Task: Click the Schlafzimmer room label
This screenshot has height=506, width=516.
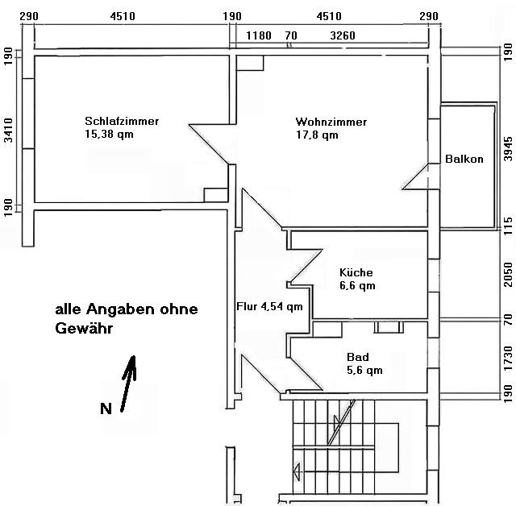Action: pos(122,121)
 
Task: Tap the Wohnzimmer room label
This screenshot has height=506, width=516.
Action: pos(331,122)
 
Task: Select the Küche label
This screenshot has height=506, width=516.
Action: pos(356,272)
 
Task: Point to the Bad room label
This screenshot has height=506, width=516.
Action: pos(358,357)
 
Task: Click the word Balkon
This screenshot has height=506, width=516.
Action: pos(464,159)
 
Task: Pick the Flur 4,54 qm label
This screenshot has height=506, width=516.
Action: pos(269,306)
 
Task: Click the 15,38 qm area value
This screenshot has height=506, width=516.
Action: pos(110,134)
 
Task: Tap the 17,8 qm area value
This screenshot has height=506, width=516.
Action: pos(317,135)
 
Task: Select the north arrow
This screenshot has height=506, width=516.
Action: pos(129,384)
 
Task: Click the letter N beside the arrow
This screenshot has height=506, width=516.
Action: pos(106,409)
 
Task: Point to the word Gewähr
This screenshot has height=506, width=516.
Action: pos(84,328)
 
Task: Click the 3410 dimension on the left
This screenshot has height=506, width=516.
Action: pos(8,131)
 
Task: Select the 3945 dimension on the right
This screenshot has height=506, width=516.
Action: pos(509,149)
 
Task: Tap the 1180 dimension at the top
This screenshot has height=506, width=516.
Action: pos(259,35)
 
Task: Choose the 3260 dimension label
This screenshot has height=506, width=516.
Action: pos(343,35)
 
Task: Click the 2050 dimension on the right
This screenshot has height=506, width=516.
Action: pos(509,274)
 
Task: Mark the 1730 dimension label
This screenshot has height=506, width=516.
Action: pos(509,358)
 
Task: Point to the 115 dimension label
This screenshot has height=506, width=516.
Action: pos(509,226)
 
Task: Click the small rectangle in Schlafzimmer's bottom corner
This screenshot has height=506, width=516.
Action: pos(216,195)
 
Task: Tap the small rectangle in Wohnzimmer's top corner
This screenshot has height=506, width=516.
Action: pos(250,63)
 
